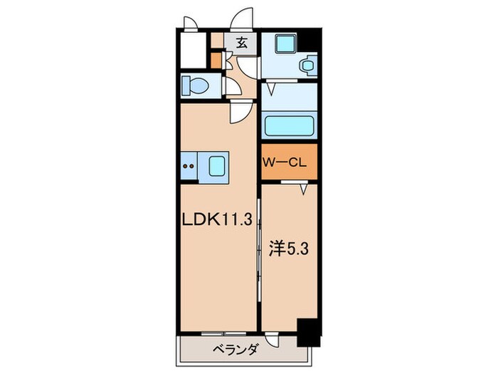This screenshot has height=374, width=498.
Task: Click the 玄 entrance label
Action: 242,43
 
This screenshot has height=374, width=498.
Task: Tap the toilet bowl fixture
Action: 196,87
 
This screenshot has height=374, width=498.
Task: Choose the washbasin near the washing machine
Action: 307,66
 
